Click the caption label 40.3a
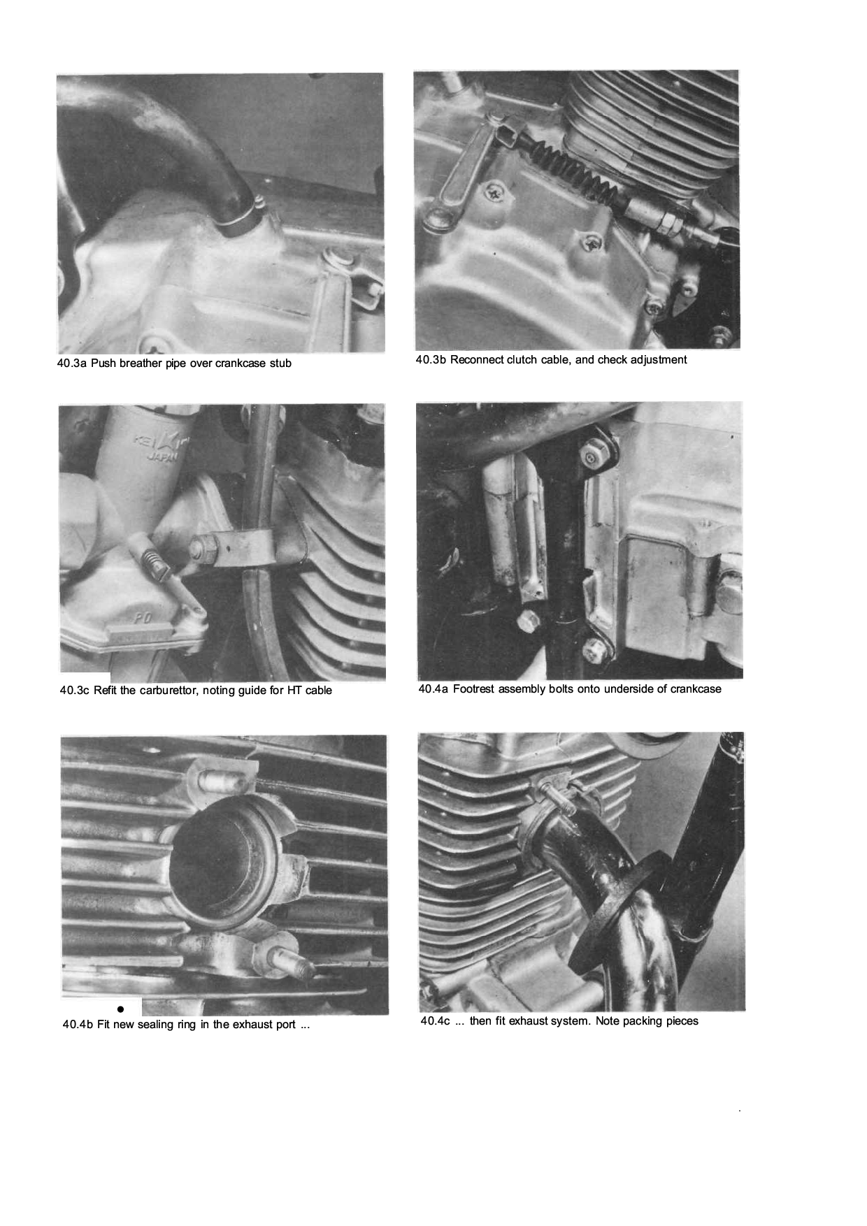click(x=71, y=363)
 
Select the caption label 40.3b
click(x=431, y=360)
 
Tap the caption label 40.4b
click(x=78, y=1025)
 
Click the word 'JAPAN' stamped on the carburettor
click(x=162, y=456)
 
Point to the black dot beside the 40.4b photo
click(x=120, y=1009)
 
